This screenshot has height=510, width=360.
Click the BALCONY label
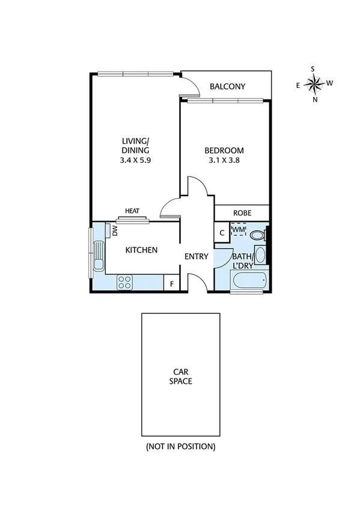(x=227, y=87)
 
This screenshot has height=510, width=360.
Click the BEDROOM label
(x=224, y=150)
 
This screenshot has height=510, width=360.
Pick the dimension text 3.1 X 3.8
(x=224, y=161)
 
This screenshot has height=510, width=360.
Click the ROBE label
(x=242, y=214)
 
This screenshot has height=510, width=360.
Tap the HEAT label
(x=132, y=211)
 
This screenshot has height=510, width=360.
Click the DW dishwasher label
(x=114, y=230)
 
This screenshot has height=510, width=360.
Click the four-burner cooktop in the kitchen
(x=126, y=281)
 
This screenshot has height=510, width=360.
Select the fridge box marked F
(x=171, y=283)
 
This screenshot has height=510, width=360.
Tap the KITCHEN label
(x=141, y=250)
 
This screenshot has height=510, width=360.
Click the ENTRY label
(x=196, y=257)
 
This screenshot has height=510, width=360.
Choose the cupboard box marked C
(x=221, y=232)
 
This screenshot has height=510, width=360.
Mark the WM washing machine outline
(x=239, y=230)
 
